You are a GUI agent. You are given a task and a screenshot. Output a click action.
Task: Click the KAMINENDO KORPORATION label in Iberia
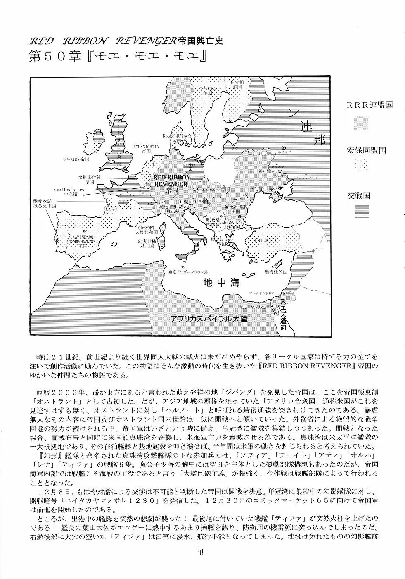click(x=81, y=239)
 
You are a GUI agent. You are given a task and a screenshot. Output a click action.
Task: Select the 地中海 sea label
click(x=221, y=284)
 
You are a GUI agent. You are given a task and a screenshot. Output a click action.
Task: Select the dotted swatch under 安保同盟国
click(x=362, y=166)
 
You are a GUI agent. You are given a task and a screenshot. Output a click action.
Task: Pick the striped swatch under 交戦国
click(x=362, y=211)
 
